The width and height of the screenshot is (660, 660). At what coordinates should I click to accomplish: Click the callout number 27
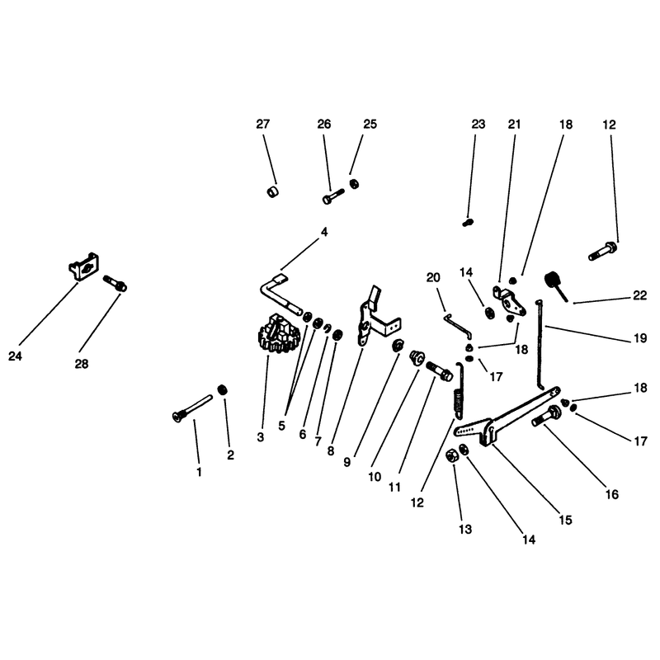click(262, 125)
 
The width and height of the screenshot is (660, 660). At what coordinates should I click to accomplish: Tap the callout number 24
click(15, 356)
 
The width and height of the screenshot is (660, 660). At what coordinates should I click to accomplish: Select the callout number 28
click(82, 364)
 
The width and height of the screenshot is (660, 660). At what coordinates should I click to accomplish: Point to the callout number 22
click(639, 295)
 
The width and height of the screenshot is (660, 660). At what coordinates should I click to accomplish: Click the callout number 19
click(640, 338)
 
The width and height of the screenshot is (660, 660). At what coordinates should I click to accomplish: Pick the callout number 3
click(261, 437)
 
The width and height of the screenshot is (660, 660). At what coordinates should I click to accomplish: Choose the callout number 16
click(612, 494)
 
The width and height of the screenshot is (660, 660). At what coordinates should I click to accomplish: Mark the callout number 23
click(478, 125)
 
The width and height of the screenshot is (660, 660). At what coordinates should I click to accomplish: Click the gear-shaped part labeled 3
click(278, 333)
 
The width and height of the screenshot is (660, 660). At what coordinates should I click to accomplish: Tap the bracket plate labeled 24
click(83, 266)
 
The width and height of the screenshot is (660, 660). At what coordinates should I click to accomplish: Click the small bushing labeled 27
click(273, 192)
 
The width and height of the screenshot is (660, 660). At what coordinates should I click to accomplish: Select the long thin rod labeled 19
click(540, 344)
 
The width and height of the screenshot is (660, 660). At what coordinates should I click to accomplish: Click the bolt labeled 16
click(546, 416)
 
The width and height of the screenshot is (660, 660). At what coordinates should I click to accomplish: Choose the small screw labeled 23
click(468, 222)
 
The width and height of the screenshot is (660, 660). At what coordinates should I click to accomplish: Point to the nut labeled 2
click(222, 389)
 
